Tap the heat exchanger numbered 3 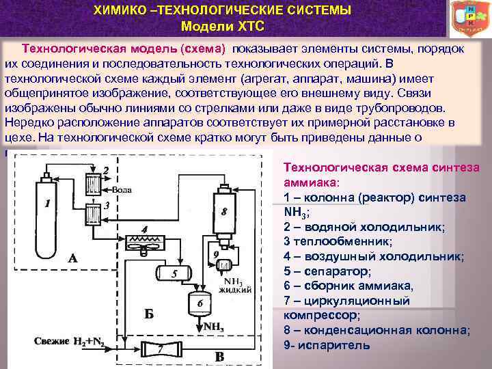(x=90, y=213)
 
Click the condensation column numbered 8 (x=223, y=211)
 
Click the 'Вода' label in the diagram (x=122, y=190)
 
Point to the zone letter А (x=73, y=258)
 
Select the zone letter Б (x=148, y=314)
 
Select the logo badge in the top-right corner (x=471, y=18)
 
